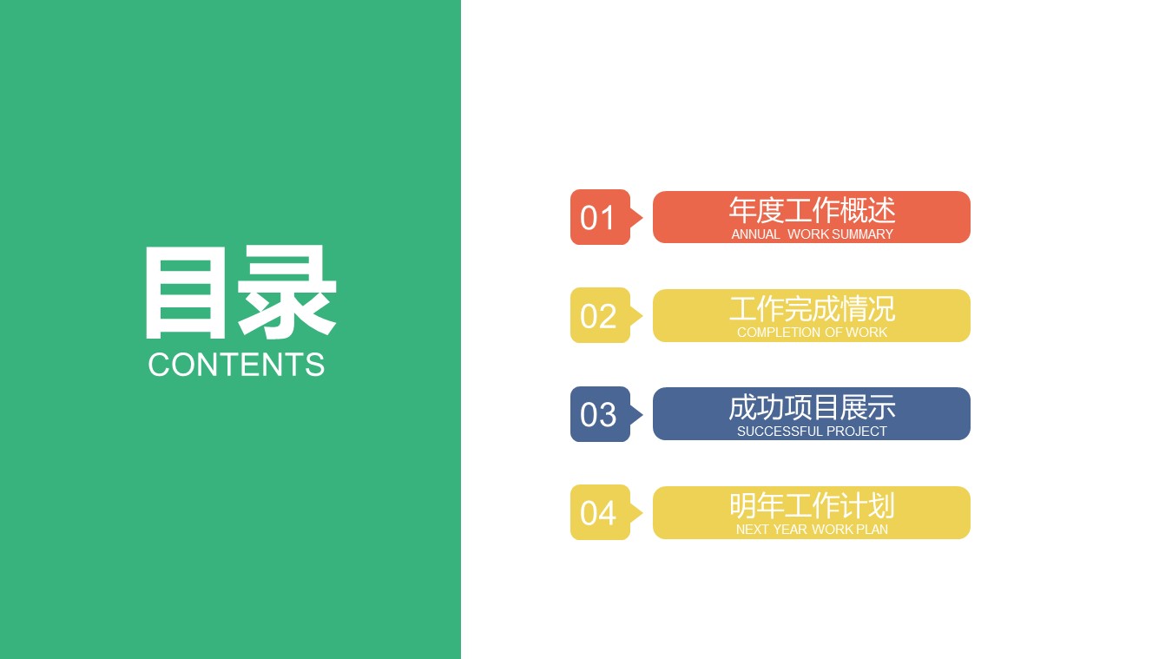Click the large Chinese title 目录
[x=239, y=293]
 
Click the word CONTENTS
[x=236, y=365]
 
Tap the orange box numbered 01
[x=598, y=217]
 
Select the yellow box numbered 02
[x=598, y=316]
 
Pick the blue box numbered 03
[x=598, y=415]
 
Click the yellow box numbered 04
[x=598, y=513]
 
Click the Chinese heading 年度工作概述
[x=812, y=210]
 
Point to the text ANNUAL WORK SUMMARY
[x=812, y=234]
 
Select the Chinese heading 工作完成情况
[x=812, y=308]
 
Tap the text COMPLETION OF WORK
[x=812, y=333]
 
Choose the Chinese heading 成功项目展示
[x=812, y=407]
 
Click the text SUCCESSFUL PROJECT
[x=812, y=432]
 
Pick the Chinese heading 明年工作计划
[x=812, y=505]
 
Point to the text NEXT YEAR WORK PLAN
[x=812, y=530]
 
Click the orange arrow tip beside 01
[x=638, y=217]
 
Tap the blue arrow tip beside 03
[x=638, y=415]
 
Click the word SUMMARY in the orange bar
[x=862, y=234]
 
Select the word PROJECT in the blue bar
[x=857, y=432]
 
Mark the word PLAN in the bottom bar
[x=872, y=530]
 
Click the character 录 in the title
[x=286, y=293]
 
